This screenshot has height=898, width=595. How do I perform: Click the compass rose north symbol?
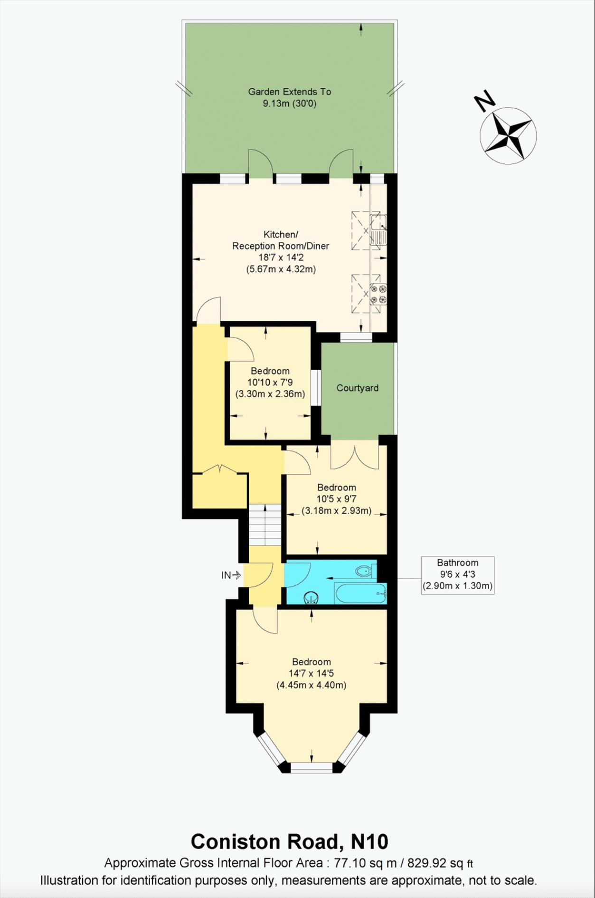click(508, 135)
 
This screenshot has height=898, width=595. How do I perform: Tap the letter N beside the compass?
click(485, 101)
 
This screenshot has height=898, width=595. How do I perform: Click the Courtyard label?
click(357, 388)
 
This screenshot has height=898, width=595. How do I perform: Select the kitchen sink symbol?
click(378, 229)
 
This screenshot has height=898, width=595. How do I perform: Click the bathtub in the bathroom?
click(360, 593)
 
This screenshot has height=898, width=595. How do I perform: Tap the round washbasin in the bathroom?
click(311, 597)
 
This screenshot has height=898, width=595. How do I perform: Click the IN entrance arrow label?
click(231, 575)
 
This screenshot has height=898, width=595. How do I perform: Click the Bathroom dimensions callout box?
click(457, 574)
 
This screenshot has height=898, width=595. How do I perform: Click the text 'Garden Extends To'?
click(289, 92)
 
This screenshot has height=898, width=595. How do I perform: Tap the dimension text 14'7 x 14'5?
click(311, 673)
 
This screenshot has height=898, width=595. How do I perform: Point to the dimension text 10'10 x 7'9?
click(270, 382)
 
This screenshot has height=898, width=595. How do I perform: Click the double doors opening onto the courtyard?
click(355, 456)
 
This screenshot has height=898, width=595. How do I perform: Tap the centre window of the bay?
click(312, 767)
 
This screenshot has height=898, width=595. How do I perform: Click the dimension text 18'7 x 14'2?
click(281, 258)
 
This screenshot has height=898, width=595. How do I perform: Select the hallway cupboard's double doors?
click(219, 470)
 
